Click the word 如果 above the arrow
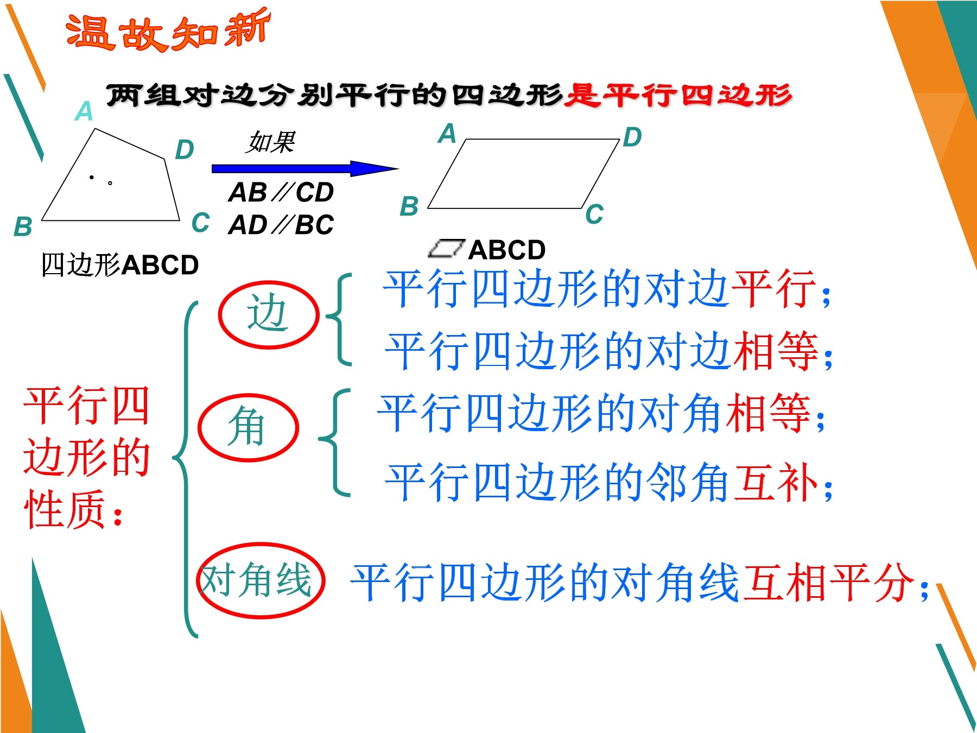[x=270, y=143]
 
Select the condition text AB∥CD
[x=281, y=192]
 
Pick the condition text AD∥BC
[x=281, y=225]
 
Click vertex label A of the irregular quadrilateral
[x=84, y=111]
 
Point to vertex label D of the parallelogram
[x=632, y=137]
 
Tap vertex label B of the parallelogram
[x=409, y=206]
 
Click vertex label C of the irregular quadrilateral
[x=201, y=223]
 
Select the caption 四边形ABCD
[x=120, y=265]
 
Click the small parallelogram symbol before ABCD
[x=446, y=249]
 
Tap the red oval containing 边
[x=268, y=314]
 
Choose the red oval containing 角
[x=248, y=427]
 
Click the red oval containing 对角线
[x=261, y=580]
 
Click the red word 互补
[x=775, y=482]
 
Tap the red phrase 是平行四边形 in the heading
[x=677, y=96]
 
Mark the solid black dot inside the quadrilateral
[x=92, y=177]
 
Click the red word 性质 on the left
[x=65, y=509]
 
